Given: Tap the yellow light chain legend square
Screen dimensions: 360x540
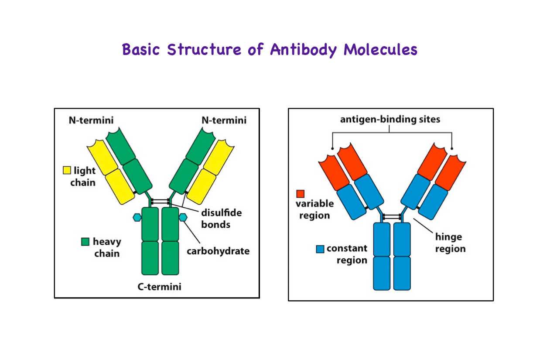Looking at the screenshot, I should (x=67, y=170).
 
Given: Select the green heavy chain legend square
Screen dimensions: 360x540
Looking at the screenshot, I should (x=85, y=241).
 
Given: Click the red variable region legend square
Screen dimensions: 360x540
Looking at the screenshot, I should (x=300, y=193).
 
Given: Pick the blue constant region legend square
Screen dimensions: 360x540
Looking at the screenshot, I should (x=320, y=249).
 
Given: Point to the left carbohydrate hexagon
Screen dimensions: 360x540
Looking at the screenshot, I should (x=137, y=217).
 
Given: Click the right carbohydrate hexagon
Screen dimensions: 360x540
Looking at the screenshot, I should (x=183, y=217).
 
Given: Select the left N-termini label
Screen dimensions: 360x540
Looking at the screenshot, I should (x=91, y=120).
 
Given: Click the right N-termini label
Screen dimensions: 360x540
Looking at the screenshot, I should (x=224, y=120).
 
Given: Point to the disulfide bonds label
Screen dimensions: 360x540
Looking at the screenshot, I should (x=221, y=219).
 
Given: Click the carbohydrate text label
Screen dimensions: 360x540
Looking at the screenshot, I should (x=218, y=251).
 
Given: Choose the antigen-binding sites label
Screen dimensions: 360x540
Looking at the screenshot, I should (x=390, y=119).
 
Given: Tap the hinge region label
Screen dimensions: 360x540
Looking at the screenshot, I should (x=450, y=243).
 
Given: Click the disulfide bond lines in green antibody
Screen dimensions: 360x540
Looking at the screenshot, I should (x=160, y=202).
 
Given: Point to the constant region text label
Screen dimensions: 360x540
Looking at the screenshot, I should (x=347, y=254).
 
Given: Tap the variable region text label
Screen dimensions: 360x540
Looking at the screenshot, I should (x=314, y=209).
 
